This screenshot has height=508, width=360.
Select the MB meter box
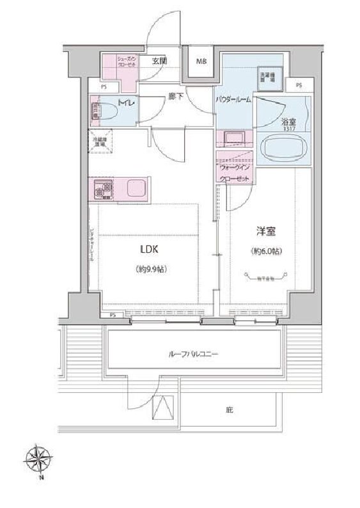[201, 62]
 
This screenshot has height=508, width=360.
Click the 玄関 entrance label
[160, 61]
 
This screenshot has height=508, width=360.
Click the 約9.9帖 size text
[151, 269]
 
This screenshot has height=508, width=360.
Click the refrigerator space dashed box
[101, 142]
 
